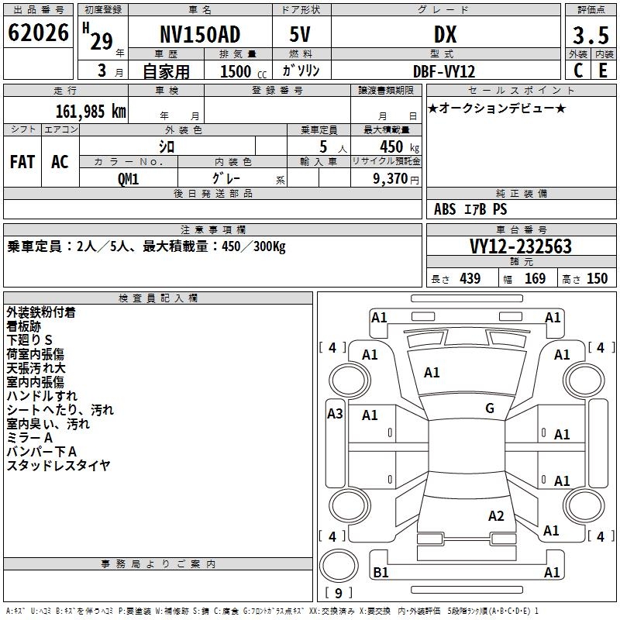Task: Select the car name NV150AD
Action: tap(200, 35)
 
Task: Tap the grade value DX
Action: tap(445, 35)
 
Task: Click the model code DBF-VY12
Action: tap(444, 71)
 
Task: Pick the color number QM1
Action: tap(129, 178)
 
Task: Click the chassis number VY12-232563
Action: tap(521, 246)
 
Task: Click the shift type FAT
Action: tap(22, 162)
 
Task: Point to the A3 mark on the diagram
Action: tap(335, 414)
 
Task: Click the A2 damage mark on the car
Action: tap(497, 516)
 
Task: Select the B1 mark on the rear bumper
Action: tap(381, 573)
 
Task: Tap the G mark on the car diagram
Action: tap(490, 408)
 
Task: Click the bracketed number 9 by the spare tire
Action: tap(339, 594)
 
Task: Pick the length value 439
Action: tap(470, 279)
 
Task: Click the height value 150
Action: tap(597, 279)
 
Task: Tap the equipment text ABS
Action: tap(445, 209)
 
